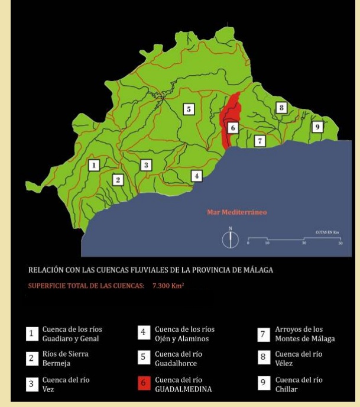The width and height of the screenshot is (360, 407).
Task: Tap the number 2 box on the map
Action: [118, 179]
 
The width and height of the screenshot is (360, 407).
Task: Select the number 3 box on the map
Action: [146, 165]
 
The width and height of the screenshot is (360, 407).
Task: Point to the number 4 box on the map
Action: [197, 175]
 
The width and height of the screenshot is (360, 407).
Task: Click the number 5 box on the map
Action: [189, 109]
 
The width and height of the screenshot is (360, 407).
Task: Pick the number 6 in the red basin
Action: [232, 127]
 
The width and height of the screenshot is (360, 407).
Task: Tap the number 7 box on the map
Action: [259, 141]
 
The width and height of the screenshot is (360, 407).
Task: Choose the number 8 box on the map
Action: [282, 108]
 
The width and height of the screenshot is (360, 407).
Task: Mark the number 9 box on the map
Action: [317, 127]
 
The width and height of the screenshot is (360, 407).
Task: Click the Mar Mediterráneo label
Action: [235, 211]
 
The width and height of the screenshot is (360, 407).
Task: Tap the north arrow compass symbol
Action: [231, 239]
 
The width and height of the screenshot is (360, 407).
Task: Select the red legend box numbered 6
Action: [144, 383]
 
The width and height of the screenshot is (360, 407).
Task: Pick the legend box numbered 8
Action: [264, 358]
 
